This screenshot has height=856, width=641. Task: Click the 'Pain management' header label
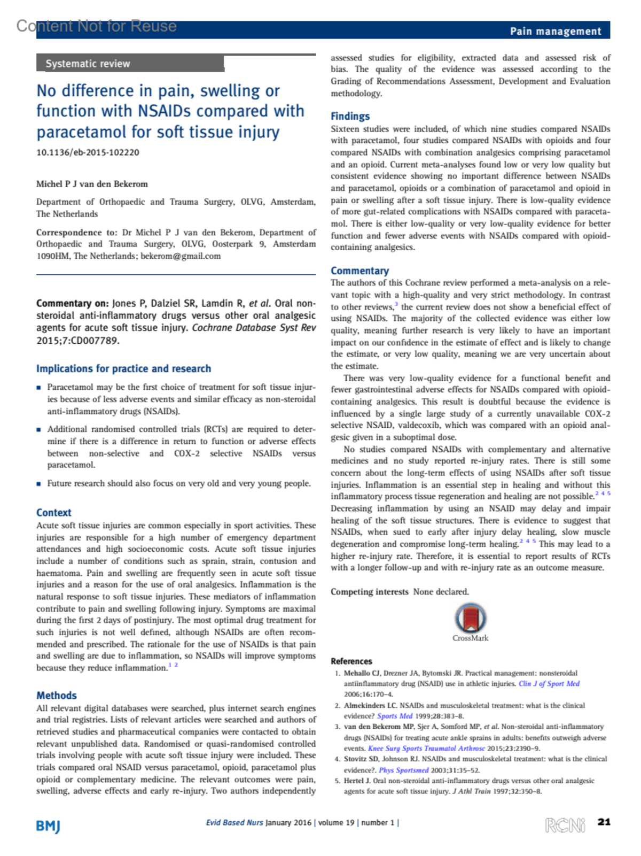555,31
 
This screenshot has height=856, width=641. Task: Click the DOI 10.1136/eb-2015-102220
88,152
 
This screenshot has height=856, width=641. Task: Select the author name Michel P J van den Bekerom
92,184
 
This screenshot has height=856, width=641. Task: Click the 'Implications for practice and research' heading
123,368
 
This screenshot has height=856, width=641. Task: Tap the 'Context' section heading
53,512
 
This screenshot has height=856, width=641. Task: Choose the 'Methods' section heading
56,695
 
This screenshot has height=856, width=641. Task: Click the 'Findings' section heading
350,116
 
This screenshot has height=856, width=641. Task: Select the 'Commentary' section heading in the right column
359,271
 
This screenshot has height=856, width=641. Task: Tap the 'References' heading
351,661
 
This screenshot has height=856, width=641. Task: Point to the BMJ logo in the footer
48,826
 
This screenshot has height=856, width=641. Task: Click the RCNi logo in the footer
565,825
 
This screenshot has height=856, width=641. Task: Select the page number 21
604,822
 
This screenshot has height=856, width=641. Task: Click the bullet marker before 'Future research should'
39,484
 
